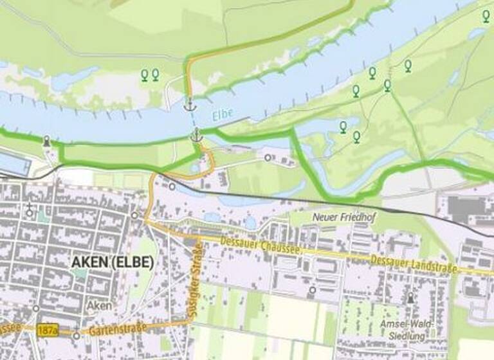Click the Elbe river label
223,116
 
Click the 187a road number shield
47,329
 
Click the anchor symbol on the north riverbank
190,104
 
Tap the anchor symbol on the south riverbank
197,135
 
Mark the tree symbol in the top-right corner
486,15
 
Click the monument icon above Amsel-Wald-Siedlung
410,298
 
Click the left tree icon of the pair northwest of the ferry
145,75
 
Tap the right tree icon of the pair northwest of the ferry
155,75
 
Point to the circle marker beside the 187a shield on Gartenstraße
77,336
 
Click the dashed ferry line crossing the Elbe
194,120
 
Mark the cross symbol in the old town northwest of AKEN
30,208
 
